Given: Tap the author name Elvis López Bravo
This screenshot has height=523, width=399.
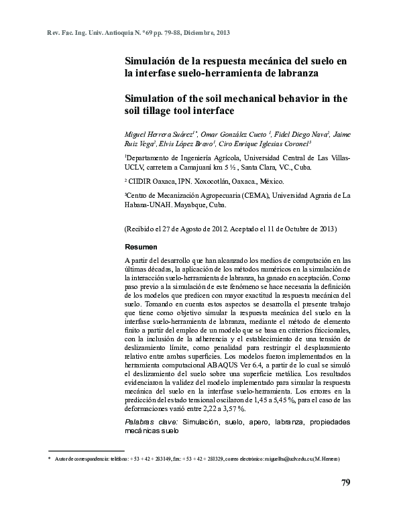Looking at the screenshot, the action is click(x=186, y=143).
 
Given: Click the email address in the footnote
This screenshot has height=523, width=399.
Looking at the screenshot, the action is click(x=285, y=459).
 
